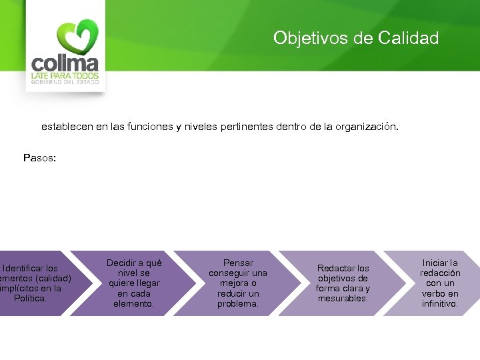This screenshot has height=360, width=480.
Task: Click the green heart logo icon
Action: (x=77, y=37)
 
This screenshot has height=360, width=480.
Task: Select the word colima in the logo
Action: (x=65, y=65)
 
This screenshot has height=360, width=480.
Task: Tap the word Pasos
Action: (x=40, y=158)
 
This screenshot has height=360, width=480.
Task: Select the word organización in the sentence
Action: (x=367, y=125)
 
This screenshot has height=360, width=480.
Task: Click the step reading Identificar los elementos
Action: (x=35, y=283)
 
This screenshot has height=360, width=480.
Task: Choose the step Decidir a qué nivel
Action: (x=134, y=283)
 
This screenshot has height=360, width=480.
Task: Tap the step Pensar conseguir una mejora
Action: (x=238, y=283)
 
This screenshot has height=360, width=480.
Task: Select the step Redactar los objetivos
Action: (x=343, y=283)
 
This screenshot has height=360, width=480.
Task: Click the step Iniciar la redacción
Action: (x=440, y=283)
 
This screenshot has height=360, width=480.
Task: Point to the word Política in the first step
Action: (x=31, y=298)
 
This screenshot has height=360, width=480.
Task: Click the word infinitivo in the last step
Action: (x=440, y=303)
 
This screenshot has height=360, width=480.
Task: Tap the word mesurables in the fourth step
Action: (x=343, y=298)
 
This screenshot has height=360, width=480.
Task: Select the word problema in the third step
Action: (x=238, y=303)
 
